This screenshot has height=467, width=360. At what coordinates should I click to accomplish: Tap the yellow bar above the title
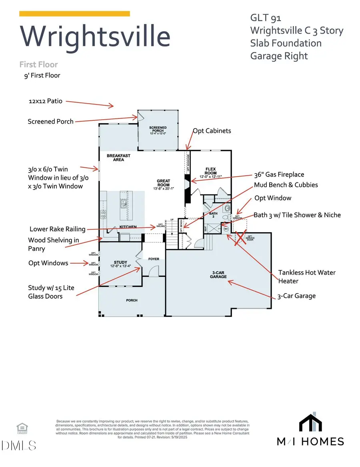(x=74, y=14)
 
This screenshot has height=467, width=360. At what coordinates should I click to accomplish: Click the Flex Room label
(x=210, y=171)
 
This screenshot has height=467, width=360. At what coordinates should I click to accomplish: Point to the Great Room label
(x=164, y=182)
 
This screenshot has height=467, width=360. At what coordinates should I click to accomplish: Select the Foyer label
(x=154, y=259)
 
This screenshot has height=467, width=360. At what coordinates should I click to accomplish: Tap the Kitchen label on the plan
(x=128, y=227)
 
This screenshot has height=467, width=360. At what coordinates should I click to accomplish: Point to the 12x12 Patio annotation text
(x=45, y=101)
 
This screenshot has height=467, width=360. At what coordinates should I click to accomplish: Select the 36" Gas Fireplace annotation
(x=279, y=174)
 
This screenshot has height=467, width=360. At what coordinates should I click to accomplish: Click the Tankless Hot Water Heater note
(x=307, y=277)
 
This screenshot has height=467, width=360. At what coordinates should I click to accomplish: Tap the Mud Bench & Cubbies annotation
(x=286, y=185)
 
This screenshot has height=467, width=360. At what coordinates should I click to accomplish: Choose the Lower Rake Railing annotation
(x=58, y=229)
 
